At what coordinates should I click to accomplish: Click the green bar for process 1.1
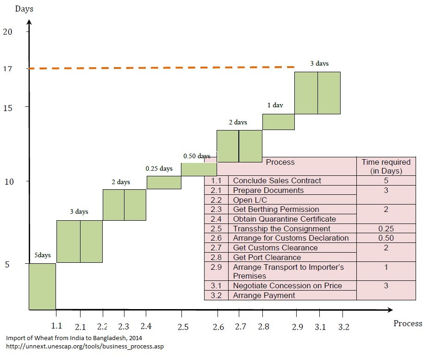pyautogui.click(x=42, y=286)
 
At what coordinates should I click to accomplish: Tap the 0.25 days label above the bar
pyautogui.click(x=159, y=169)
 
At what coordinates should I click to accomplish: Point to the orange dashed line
pyautogui.click(x=162, y=68)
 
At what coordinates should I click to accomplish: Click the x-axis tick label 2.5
pyautogui.click(x=183, y=327)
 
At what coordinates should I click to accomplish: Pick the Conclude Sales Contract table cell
pyautogui.click(x=277, y=180)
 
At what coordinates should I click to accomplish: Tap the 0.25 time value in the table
pyautogui.click(x=385, y=229)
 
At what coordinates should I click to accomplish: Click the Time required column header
pyautogui.click(x=385, y=166)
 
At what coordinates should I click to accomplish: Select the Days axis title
pyautogui.click(x=24, y=9)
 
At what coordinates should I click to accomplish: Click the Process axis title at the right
pyautogui.click(x=408, y=323)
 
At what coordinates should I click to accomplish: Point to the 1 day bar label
pyautogui.click(x=275, y=105)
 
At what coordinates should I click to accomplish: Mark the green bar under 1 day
pyautogui.click(x=279, y=122)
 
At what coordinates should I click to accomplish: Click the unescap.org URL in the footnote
pyautogui.click(x=85, y=346)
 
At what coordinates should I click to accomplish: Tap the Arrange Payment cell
pyautogui.click(x=264, y=295)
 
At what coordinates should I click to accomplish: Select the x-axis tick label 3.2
pyautogui.click(x=343, y=327)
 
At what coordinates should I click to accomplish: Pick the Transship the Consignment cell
pyautogui.click(x=281, y=229)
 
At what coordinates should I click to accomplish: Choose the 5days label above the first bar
pyautogui.click(x=42, y=255)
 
